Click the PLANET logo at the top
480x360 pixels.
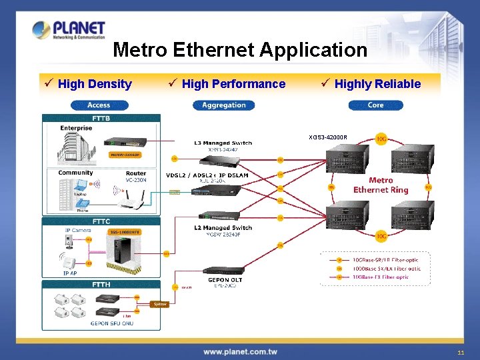(69, 29)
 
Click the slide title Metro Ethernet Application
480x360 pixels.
(240, 50)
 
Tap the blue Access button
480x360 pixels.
(99, 105)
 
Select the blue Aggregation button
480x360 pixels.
(223, 105)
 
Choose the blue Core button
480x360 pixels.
(375, 105)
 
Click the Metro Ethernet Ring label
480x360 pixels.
(381, 185)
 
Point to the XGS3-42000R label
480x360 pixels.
(327, 138)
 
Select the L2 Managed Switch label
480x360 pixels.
(223, 227)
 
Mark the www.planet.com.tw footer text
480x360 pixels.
(240, 351)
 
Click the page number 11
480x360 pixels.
(461, 352)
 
